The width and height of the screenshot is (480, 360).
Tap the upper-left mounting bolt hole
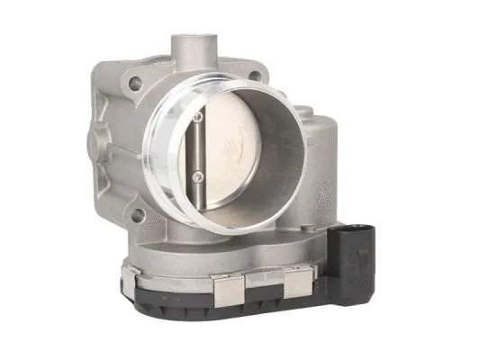[x=136, y=85]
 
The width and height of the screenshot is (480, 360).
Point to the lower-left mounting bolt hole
[x=138, y=215]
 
